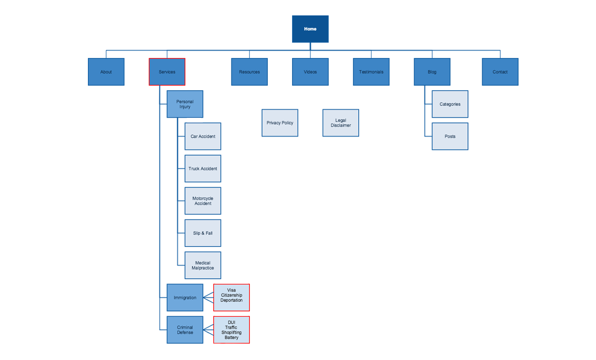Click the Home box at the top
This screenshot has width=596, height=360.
coord(310,29)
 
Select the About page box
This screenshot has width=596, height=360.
coord(106,72)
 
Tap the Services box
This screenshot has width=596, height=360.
coord(167,72)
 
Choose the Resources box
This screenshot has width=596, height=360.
coord(249,72)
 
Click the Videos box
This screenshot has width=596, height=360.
coord(310,72)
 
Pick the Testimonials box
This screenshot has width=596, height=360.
coord(371,72)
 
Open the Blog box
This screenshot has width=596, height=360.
coord(432,72)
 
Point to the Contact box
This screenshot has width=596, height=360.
coord(500,72)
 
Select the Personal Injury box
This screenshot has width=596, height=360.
coord(185,104)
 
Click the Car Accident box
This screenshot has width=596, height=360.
coord(203,137)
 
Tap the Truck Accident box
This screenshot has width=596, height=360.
coord(203,169)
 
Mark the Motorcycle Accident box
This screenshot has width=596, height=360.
coord(203,201)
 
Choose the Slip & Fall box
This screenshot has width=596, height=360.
coord(203,233)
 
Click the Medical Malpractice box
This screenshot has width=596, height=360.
coord(203,266)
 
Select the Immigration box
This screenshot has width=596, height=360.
coord(185,298)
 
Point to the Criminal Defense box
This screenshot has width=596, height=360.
coord(185,330)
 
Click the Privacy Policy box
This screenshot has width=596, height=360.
coord(280,123)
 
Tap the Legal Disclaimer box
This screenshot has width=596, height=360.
coord(341,123)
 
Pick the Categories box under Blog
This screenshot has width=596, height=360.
coord(450,104)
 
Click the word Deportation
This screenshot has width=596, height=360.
coord(232,300)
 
